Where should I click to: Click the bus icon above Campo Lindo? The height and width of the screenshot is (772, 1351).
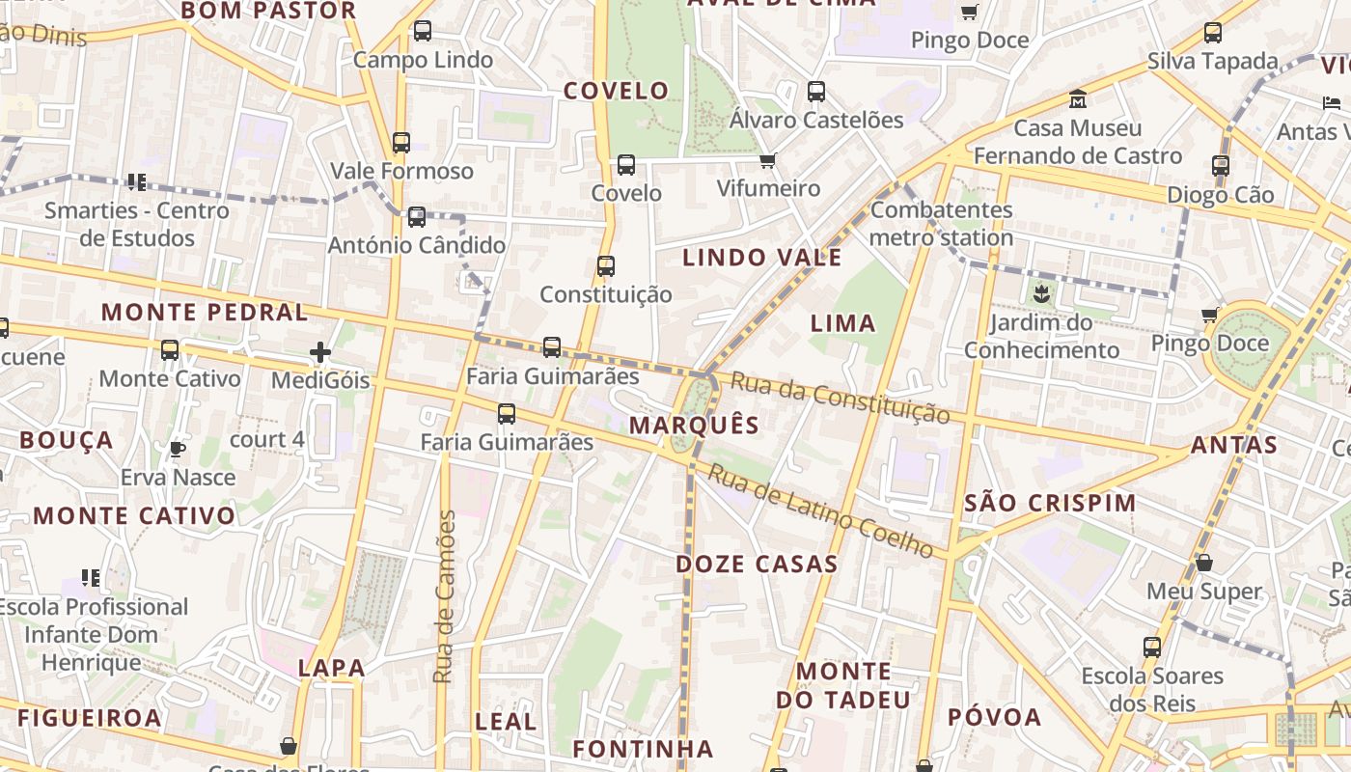pyautogui.click(x=423, y=31)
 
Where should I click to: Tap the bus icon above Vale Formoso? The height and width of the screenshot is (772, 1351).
pyautogui.click(x=401, y=143)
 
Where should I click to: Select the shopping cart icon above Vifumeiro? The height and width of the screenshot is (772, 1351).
pyautogui.click(x=767, y=160)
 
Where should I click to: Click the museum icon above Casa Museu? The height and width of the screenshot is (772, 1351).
pyautogui.click(x=1077, y=98)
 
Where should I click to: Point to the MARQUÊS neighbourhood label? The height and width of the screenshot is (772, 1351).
pyautogui.click(x=694, y=426)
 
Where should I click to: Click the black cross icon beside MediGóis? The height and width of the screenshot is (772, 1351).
pyautogui.click(x=320, y=352)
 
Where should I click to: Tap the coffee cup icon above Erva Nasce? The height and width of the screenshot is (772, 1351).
pyautogui.click(x=178, y=449)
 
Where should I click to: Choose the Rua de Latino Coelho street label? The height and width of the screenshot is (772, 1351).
pyautogui.click(x=820, y=511)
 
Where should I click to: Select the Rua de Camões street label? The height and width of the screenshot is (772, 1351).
pyautogui.click(x=445, y=597)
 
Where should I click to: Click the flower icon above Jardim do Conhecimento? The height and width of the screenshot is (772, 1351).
pyautogui.click(x=1041, y=292)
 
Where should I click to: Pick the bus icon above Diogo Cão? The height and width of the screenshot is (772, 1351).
pyautogui.click(x=1221, y=166)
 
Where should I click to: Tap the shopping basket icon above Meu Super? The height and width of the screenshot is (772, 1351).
pyautogui.click(x=1204, y=562)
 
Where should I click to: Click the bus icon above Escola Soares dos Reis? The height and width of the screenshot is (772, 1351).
pyautogui.click(x=1152, y=647)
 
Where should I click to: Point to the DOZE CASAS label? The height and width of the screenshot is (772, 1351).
pyautogui.click(x=757, y=565)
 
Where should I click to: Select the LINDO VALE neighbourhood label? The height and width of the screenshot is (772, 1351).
pyautogui.click(x=762, y=258)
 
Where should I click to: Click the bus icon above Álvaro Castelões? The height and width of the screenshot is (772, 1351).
pyautogui.click(x=816, y=92)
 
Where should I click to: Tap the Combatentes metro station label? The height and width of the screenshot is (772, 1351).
pyautogui.click(x=942, y=224)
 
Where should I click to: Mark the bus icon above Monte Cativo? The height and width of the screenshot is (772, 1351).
pyautogui.click(x=170, y=349)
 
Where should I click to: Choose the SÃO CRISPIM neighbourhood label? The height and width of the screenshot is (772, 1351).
pyautogui.click(x=1050, y=504)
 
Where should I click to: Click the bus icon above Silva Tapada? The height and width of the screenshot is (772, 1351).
pyautogui.click(x=1213, y=33)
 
